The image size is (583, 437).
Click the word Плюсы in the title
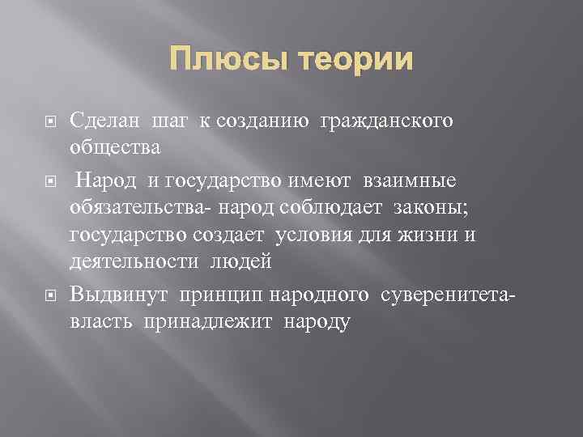click(228, 60)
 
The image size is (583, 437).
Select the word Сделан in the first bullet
click(104, 121)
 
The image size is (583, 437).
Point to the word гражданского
click(387, 121)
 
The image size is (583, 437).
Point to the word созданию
click(263, 121)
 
